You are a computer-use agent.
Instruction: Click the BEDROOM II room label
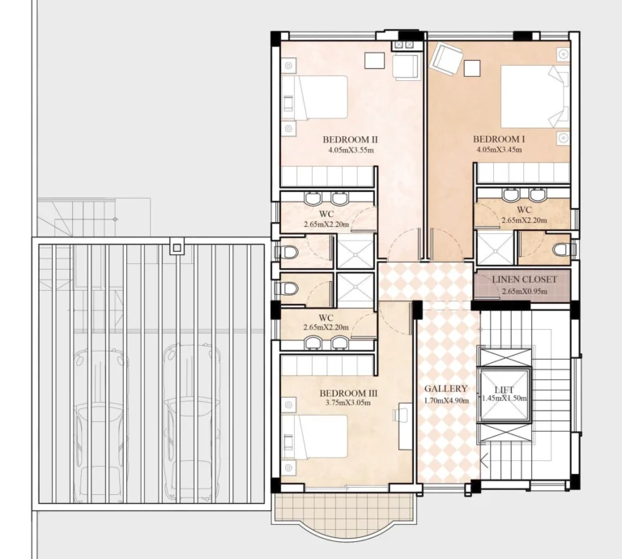click(x=351, y=139)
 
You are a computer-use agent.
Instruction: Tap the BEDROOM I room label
click(x=499, y=139)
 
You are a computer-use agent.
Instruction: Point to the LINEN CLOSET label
click(x=525, y=280)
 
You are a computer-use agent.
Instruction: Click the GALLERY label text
click(x=446, y=388)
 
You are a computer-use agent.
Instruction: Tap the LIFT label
click(x=504, y=390)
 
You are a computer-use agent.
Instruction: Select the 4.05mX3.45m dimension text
click(x=499, y=150)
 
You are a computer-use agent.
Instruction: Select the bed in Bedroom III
click(x=317, y=437)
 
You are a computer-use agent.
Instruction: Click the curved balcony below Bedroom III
click(x=346, y=517)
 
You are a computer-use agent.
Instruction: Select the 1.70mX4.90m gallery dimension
click(x=445, y=399)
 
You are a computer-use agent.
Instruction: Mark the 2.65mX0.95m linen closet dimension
click(x=524, y=291)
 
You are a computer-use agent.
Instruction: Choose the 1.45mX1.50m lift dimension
click(x=504, y=399)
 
